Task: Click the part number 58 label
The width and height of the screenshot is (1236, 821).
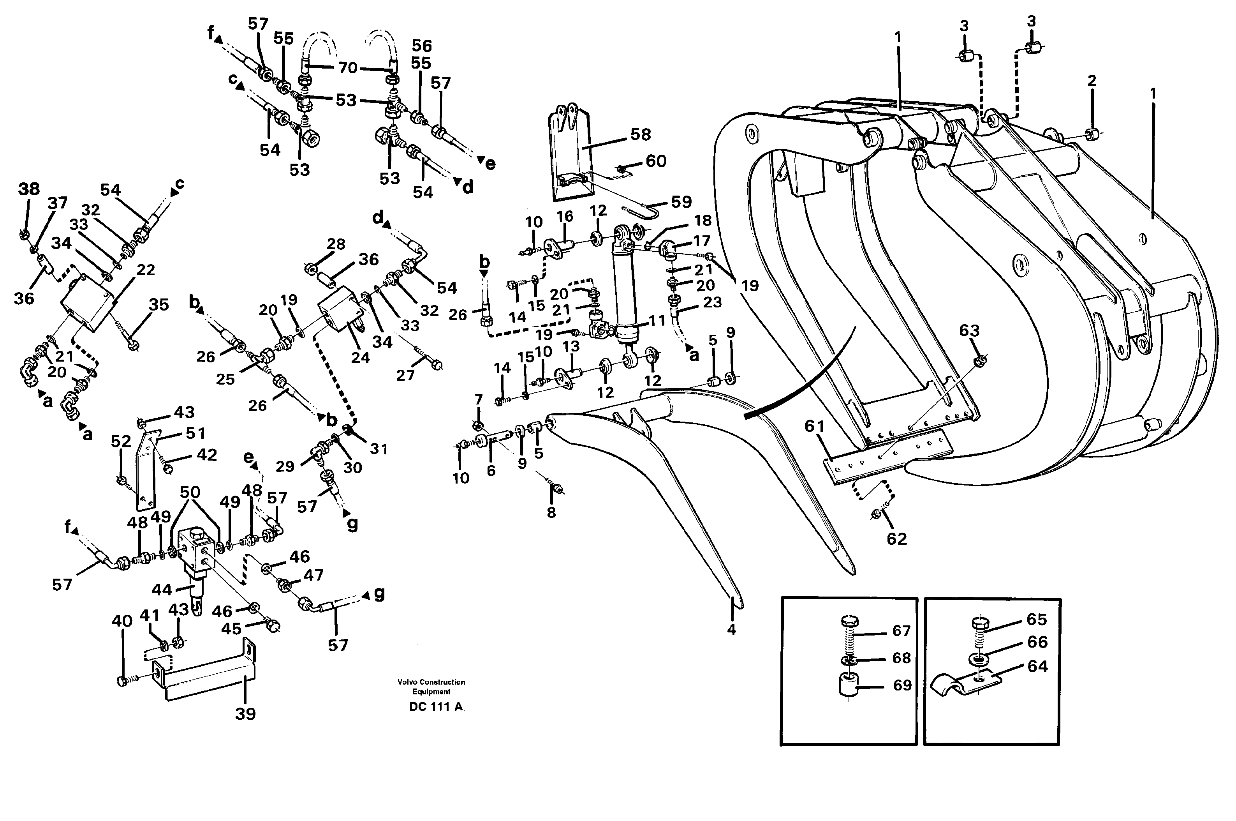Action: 641,134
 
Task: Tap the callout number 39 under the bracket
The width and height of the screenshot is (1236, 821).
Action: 245,714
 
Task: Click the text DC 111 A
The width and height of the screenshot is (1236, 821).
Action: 436,707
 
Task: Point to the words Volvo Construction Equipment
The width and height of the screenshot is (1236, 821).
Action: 431,687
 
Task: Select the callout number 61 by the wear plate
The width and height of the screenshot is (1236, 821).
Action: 815,427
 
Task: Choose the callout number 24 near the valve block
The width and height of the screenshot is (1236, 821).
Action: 361,358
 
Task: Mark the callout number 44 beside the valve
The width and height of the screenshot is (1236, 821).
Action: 162,590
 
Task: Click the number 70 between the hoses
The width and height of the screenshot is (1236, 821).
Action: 347,67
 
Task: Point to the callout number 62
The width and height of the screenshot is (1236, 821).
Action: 896,539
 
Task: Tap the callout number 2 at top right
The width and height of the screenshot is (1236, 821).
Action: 1092,81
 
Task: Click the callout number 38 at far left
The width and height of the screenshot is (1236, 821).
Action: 29,189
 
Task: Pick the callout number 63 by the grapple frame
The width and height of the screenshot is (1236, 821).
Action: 969,331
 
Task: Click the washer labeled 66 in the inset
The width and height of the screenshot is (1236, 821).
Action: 978,658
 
